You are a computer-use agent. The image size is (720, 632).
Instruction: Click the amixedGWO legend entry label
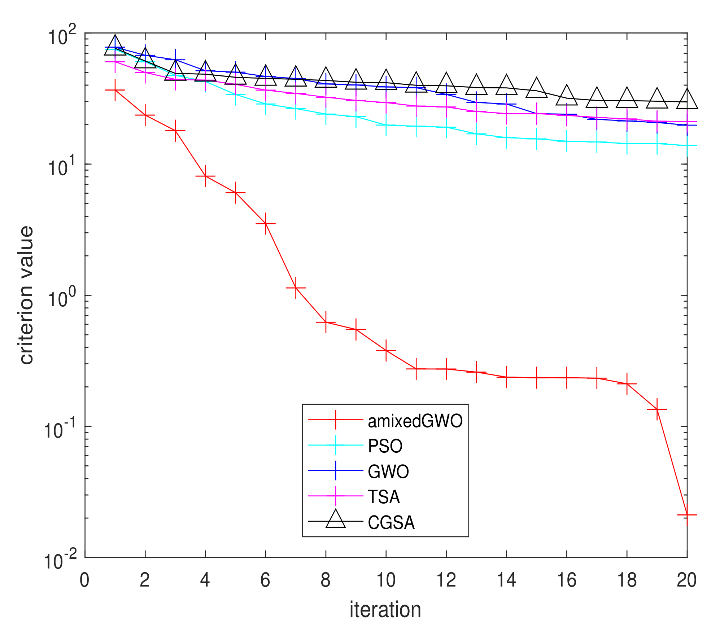click(415, 421)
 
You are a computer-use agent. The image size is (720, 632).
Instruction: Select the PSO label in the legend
click(385, 446)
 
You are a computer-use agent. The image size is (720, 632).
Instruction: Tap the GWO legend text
click(388, 472)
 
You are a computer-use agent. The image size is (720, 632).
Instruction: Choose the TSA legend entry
click(384, 497)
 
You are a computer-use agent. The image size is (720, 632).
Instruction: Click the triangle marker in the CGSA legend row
click(336, 520)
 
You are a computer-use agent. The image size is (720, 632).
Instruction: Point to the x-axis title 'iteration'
click(385, 609)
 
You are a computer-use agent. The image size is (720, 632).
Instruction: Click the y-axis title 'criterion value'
click(26, 295)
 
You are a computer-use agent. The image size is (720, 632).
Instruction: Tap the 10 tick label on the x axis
click(386, 580)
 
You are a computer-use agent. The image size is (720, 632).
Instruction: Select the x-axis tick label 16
click(567, 580)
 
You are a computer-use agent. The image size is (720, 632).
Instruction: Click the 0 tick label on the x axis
click(84, 580)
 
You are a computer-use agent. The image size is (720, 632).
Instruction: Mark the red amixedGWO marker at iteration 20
click(687, 515)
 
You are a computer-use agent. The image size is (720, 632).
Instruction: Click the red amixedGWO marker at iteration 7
click(296, 288)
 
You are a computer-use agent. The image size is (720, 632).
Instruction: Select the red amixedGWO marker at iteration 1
click(115, 90)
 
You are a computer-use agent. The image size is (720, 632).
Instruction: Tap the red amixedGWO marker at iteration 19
click(657, 409)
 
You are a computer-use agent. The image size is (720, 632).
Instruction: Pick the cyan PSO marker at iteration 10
click(386, 125)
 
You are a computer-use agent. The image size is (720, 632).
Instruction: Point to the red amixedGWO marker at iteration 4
click(205, 176)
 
